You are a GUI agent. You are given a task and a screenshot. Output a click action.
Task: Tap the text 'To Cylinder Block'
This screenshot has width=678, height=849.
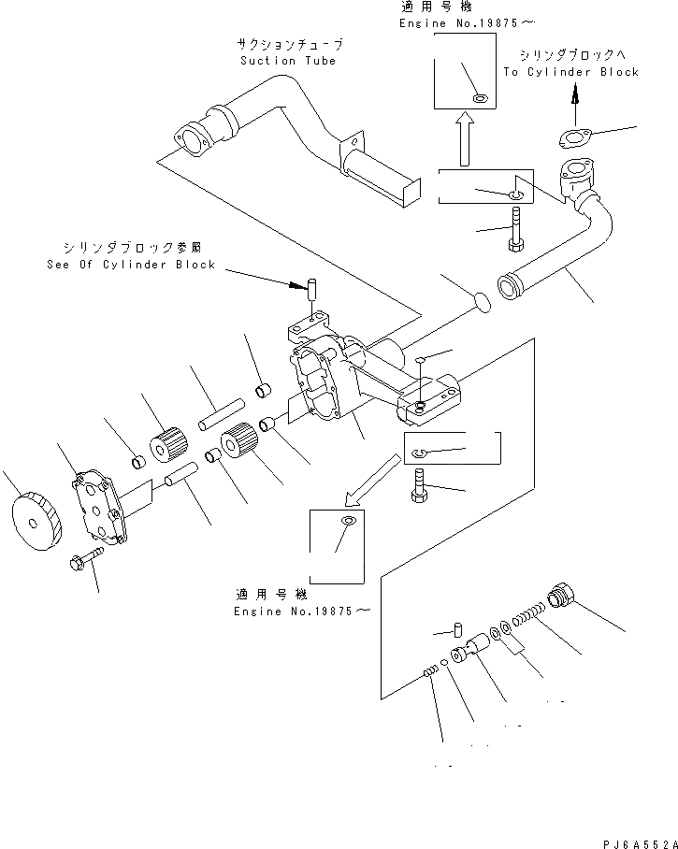pos(570,72)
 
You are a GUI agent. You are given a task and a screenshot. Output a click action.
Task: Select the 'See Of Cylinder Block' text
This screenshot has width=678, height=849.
pos(131,265)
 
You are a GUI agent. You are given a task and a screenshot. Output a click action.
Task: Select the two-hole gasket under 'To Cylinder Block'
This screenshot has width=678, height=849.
pos(573,139)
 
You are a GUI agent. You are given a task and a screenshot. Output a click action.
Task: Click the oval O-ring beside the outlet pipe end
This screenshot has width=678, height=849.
pos(479,301)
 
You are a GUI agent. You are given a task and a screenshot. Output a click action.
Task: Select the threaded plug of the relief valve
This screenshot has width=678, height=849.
pos(564,595)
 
